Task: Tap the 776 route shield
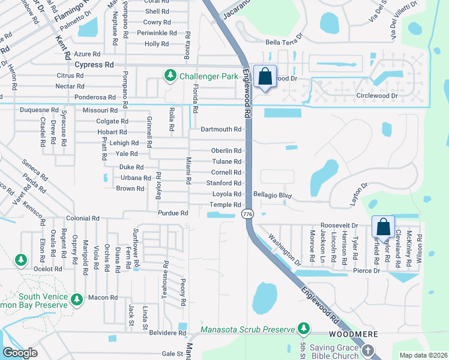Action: [247, 214]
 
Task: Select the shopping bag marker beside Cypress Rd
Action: [264, 77]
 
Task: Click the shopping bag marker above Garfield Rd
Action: [382, 227]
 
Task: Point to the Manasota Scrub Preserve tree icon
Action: [304, 328]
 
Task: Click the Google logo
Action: [20, 353]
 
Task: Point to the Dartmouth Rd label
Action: [221, 129]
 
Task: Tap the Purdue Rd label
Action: [173, 213]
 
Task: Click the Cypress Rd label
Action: [94, 64]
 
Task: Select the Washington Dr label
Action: [285, 250]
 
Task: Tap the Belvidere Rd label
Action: [168, 332]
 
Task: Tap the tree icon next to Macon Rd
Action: [76, 299]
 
